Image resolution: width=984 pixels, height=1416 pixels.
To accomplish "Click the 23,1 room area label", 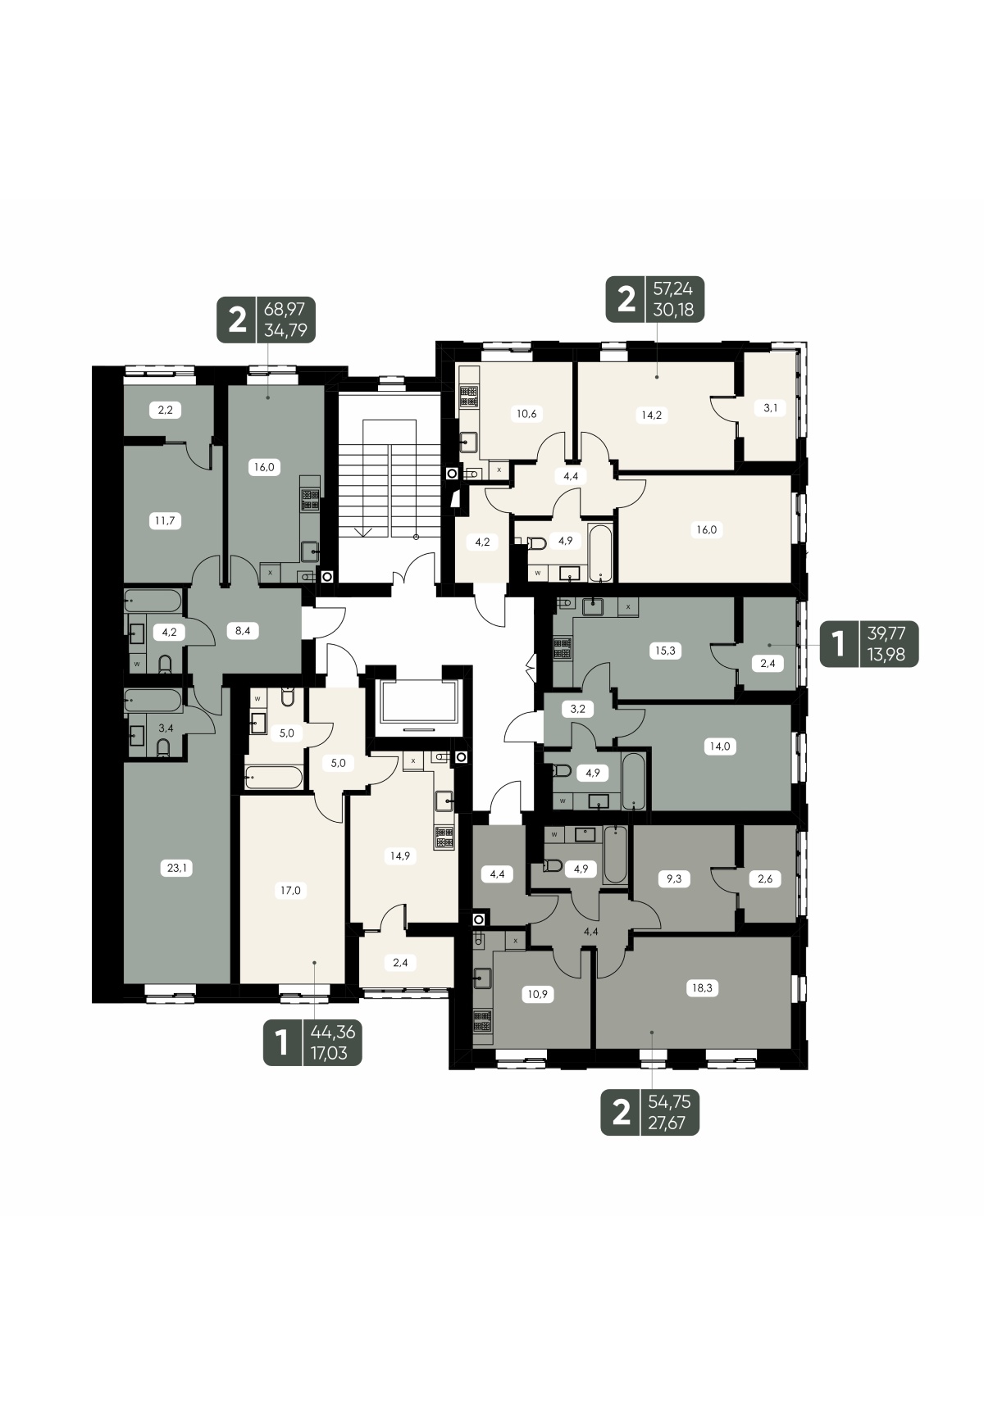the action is [178, 868].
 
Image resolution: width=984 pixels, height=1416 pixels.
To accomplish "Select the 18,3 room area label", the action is [704, 988].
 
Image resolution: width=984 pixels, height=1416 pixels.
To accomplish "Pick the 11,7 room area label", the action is [166, 520].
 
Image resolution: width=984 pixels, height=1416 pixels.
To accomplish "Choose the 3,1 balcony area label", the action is [771, 407].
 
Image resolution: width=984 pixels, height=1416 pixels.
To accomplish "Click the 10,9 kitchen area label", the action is [539, 994].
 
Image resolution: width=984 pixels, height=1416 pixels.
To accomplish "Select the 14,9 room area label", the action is [400, 855].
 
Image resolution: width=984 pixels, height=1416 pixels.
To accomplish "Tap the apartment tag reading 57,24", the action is [655, 299].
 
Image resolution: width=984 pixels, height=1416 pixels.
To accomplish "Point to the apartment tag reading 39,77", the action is [869, 642].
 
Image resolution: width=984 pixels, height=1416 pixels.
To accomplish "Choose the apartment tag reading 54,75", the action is [650, 1113].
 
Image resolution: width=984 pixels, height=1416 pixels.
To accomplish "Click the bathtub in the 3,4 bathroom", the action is [153, 701].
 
